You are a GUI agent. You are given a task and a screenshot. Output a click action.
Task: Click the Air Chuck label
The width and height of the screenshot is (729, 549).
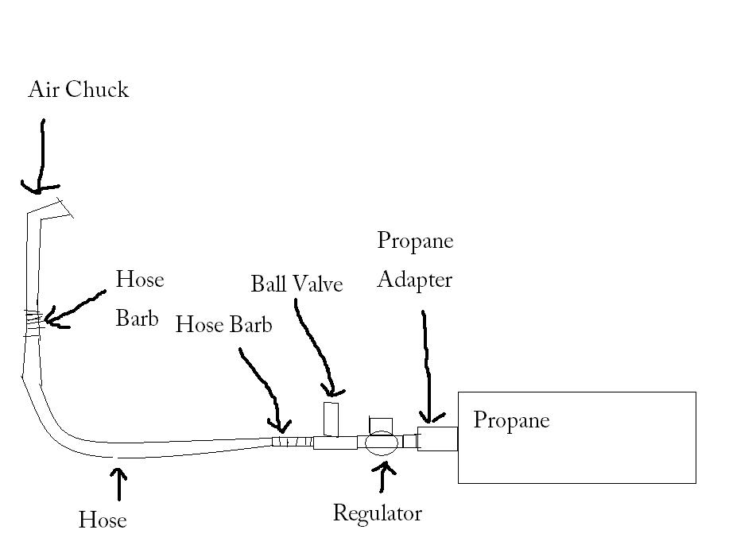pyautogui.click(x=78, y=89)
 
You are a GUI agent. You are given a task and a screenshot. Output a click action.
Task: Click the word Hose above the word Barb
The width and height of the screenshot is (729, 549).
pyautogui.click(x=139, y=280)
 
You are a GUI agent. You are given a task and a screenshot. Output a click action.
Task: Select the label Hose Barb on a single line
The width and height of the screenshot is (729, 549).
pyautogui.click(x=223, y=325)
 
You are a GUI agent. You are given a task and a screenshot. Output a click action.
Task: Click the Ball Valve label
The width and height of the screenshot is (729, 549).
pyautogui.click(x=297, y=284)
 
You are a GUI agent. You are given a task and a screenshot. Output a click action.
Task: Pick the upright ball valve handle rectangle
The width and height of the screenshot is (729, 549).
pyautogui.click(x=331, y=419)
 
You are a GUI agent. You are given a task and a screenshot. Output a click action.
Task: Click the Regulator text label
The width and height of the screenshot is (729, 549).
pyautogui.click(x=377, y=513)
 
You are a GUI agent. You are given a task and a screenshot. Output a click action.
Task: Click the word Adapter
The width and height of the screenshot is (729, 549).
pyautogui.click(x=414, y=280)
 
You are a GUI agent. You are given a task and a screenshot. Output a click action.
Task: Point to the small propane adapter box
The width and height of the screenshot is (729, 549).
pyautogui.click(x=437, y=439)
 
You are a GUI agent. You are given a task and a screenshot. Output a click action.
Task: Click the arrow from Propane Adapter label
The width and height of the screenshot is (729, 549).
pyautogui.click(x=427, y=365)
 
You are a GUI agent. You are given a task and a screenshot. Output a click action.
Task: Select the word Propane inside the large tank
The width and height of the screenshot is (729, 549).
pyautogui.click(x=511, y=419)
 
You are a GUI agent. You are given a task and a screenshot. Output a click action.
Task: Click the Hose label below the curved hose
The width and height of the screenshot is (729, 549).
pyautogui.click(x=103, y=520)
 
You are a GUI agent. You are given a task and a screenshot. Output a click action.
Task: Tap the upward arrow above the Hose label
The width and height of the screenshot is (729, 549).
pyautogui.click(x=119, y=484)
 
